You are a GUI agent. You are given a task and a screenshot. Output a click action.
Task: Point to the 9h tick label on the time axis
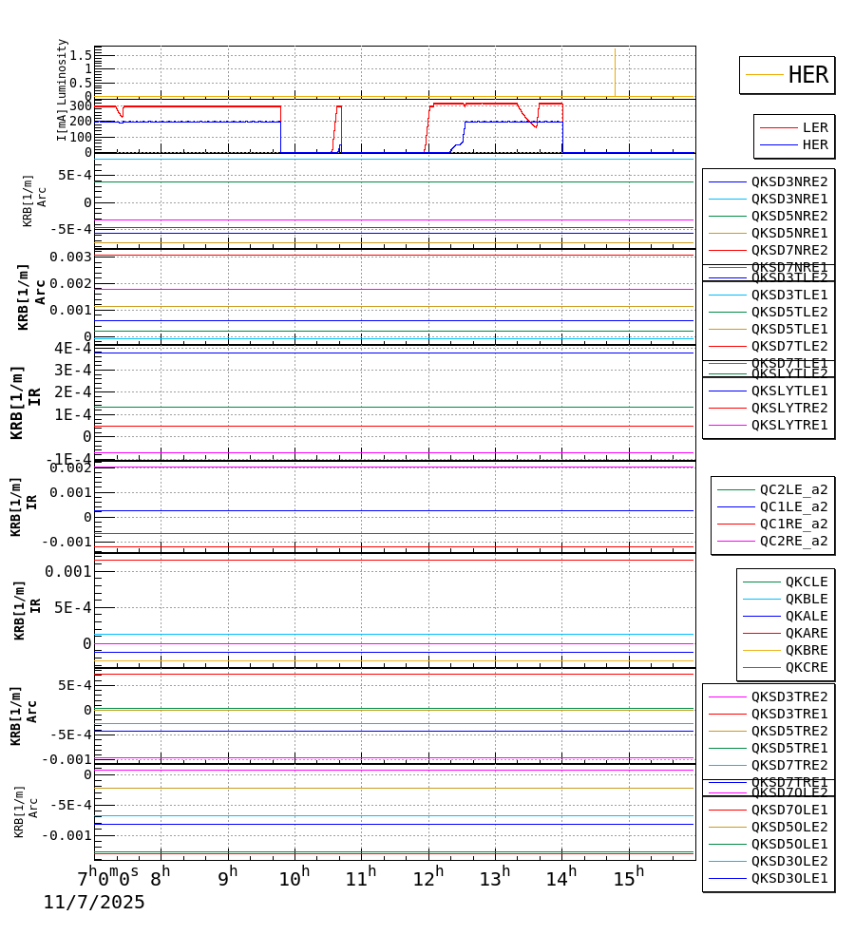coord(227,878)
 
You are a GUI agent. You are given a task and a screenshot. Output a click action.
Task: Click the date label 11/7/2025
coord(94,903)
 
